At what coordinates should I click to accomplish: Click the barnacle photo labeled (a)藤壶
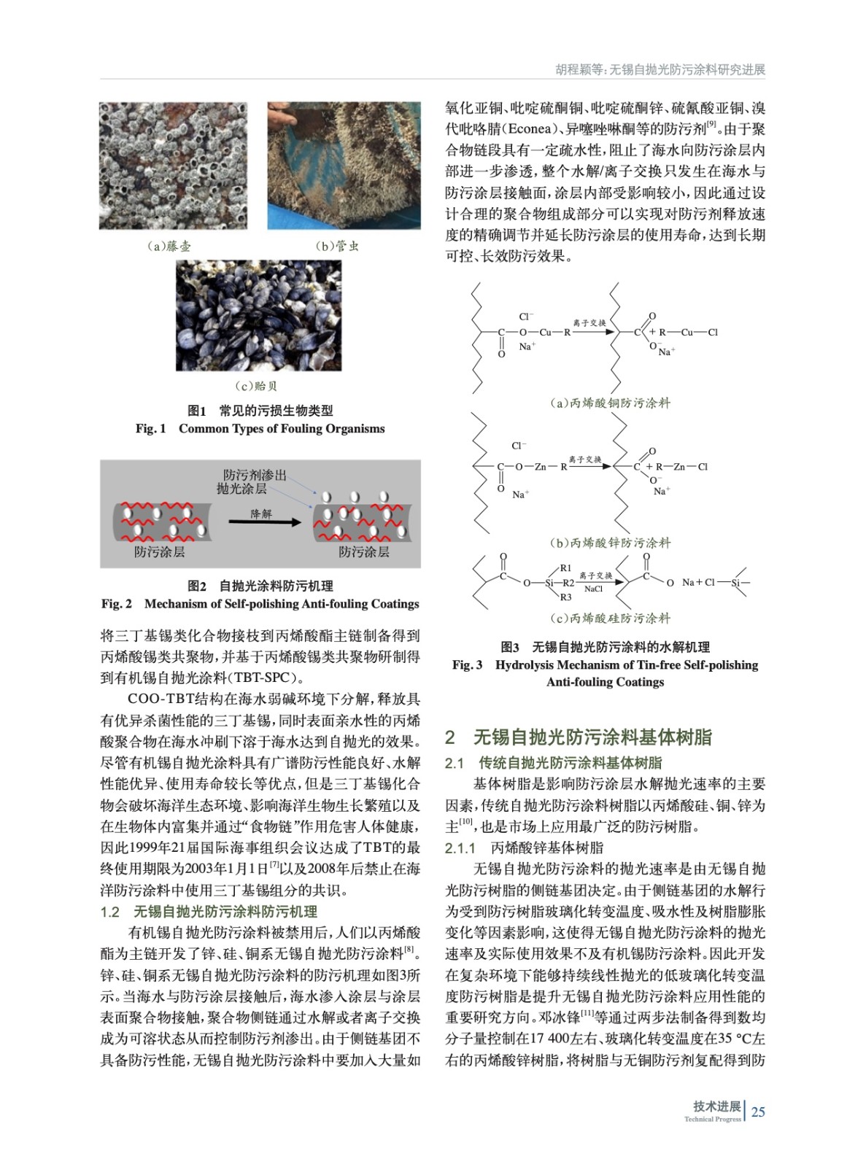[x=173, y=166]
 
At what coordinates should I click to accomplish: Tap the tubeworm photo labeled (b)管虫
[x=344, y=166]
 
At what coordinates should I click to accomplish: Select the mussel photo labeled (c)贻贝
[x=258, y=315]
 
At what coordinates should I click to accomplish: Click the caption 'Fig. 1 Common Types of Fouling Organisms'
[x=260, y=428]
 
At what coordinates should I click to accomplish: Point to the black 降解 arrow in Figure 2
[x=264, y=522]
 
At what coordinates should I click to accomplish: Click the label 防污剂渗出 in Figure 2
[x=255, y=475]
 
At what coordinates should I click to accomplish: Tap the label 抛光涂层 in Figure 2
[x=241, y=489]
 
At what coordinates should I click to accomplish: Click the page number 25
[x=758, y=1112]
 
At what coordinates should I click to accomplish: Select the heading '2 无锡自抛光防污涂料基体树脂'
[x=578, y=737]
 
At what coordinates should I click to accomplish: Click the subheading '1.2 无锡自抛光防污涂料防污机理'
[x=209, y=911]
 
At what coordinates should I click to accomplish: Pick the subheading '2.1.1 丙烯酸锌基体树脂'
[x=524, y=848]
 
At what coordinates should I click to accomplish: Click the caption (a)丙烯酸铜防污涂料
[x=610, y=403]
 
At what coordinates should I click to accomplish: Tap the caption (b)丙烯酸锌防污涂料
[x=610, y=543]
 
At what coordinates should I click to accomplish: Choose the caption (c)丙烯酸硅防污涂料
[x=610, y=618]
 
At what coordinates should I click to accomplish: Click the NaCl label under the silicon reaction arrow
[x=594, y=589]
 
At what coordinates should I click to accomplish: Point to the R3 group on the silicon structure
[x=565, y=597]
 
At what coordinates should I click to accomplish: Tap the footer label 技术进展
[x=716, y=1106]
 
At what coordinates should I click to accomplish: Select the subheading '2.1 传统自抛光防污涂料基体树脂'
[x=553, y=763]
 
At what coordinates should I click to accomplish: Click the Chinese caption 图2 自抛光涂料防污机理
[x=260, y=586]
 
